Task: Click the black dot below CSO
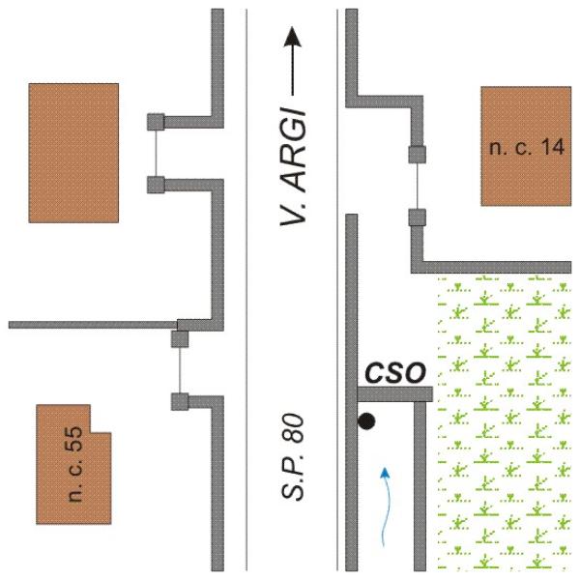click(x=366, y=420)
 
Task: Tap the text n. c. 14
click(x=526, y=147)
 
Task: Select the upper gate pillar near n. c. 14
click(x=417, y=153)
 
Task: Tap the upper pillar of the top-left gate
click(x=155, y=122)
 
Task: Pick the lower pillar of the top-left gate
click(x=155, y=184)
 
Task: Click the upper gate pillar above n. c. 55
click(x=179, y=338)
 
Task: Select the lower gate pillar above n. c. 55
click(x=179, y=401)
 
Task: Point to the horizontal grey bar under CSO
click(x=392, y=393)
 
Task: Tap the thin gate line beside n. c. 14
click(x=417, y=185)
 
